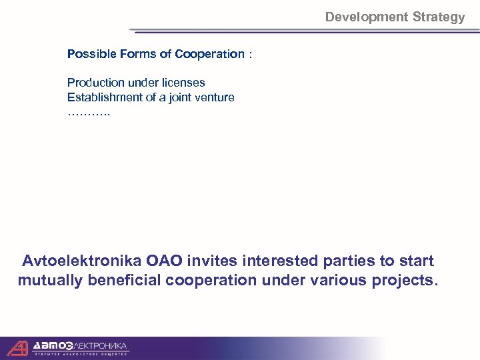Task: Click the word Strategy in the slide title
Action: tap(439, 17)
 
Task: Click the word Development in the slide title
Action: tap(367, 17)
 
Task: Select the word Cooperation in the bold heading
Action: tap(210, 54)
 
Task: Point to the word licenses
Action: tap(183, 83)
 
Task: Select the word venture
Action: tap(213, 97)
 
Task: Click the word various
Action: tap(341, 280)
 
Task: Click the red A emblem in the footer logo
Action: tap(18, 347)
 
